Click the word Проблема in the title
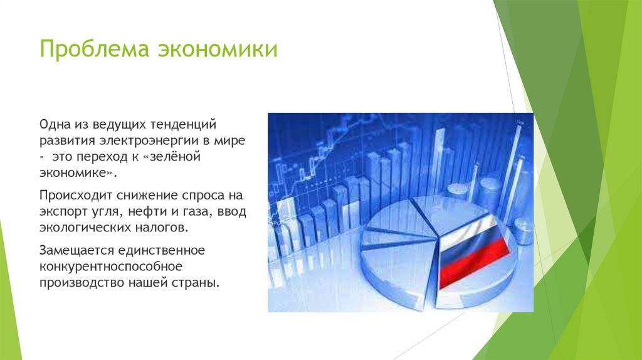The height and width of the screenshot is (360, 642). coord(94,49)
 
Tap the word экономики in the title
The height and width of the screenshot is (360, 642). coord(218,49)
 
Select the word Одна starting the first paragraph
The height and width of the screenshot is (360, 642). coord(55,124)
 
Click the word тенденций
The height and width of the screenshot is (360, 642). coord(183,125)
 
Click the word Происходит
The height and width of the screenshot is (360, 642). coord(76,195)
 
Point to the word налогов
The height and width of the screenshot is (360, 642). coord(162,227)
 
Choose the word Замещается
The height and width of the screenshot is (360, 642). coord(76,250)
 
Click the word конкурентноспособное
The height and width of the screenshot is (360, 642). coord(111,267)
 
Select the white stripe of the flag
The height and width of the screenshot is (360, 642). coord(466,230)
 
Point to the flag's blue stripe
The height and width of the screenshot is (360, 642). coord(471,246)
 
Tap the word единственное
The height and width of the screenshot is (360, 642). coord(162,250)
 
